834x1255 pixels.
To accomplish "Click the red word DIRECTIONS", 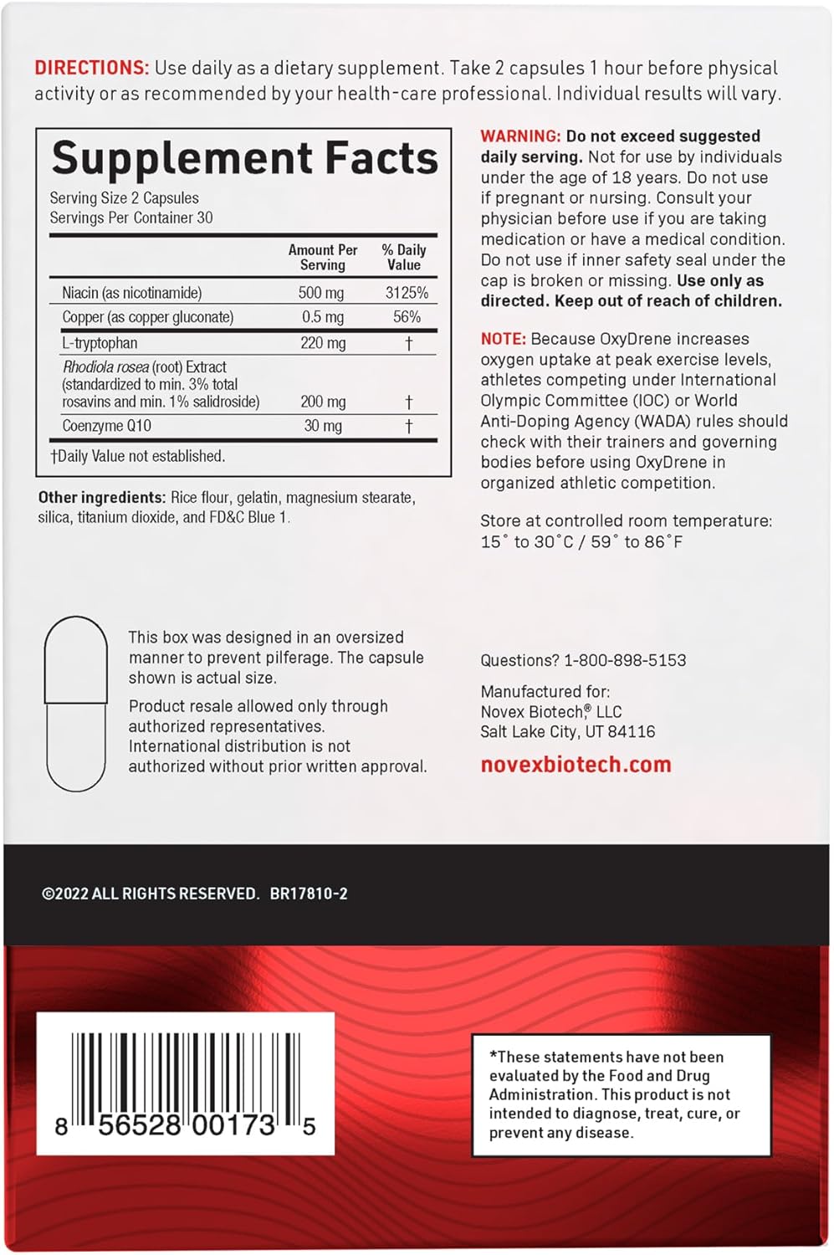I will [91, 68].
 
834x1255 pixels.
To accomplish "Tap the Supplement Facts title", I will [244, 158].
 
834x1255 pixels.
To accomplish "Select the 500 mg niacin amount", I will [321, 293].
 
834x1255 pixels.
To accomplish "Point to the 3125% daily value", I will [407, 293].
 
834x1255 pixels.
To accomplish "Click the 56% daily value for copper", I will [407, 317].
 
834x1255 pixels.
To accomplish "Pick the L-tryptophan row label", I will [100, 343].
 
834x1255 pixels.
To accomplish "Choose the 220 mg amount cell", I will [323, 343].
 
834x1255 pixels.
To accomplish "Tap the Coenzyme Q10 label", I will [106, 426].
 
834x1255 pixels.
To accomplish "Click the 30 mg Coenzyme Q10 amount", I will [323, 426].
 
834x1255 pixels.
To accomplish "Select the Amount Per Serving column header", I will [323, 257].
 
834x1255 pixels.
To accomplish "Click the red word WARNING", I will [520, 136].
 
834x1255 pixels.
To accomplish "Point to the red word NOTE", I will [503, 339].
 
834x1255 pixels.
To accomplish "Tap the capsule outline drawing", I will [76, 704].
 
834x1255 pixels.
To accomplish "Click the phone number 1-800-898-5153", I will [625, 660].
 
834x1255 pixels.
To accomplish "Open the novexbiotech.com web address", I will [576, 765].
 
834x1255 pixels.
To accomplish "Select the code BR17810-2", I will [309, 894].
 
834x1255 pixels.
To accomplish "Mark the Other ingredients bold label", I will [101, 498].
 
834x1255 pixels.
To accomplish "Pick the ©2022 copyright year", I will [65, 894].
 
